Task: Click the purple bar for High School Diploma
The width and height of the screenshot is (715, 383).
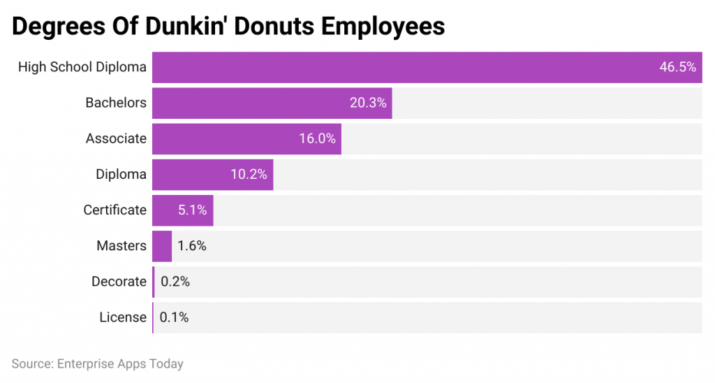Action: coord(405,67)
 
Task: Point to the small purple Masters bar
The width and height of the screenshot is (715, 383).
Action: coord(162,246)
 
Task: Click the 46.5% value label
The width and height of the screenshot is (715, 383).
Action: coord(677,67)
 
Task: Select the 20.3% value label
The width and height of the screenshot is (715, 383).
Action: coord(368,103)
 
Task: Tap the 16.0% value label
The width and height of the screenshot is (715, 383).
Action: coord(317,138)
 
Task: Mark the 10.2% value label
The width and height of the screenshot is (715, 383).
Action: coord(249,174)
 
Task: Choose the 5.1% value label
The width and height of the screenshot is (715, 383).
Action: coord(192,210)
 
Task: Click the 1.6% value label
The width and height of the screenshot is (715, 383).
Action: coord(192,246)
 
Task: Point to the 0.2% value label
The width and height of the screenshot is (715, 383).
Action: coord(175,282)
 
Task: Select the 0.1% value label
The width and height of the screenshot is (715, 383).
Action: coord(174,317)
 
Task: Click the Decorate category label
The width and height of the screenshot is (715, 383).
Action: coord(119,282)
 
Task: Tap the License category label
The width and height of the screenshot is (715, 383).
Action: coord(123,317)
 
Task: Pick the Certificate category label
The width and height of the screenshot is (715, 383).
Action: coord(115,210)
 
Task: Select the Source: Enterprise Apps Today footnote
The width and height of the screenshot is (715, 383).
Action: coord(97,364)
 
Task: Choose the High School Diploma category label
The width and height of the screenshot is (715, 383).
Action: coord(82,67)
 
